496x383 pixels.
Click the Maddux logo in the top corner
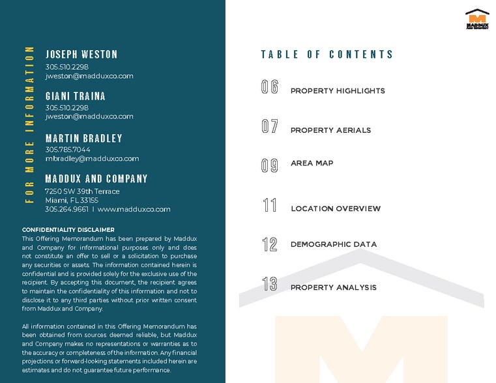(x=477, y=19)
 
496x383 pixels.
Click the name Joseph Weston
(x=81, y=54)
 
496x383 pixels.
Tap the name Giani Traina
(x=75, y=96)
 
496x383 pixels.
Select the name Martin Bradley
(x=83, y=138)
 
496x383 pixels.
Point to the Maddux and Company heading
(x=96, y=178)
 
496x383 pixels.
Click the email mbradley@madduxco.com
(x=92, y=158)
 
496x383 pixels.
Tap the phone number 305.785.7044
(x=68, y=149)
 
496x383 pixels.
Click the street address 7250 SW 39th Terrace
(x=82, y=191)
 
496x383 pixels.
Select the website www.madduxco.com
(x=134, y=209)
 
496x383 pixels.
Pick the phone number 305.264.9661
(x=66, y=209)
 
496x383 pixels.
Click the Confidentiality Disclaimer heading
(x=68, y=230)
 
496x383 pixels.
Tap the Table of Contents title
(x=327, y=55)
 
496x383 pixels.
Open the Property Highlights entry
(x=338, y=91)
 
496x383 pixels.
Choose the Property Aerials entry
(x=330, y=130)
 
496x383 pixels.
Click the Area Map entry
(x=312, y=163)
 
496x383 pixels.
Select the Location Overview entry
(x=336, y=208)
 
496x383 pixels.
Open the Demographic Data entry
(x=334, y=244)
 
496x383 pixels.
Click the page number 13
(x=270, y=285)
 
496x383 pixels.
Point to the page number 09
(x=270, y=165)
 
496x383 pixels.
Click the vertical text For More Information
(x=29, y=124)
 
